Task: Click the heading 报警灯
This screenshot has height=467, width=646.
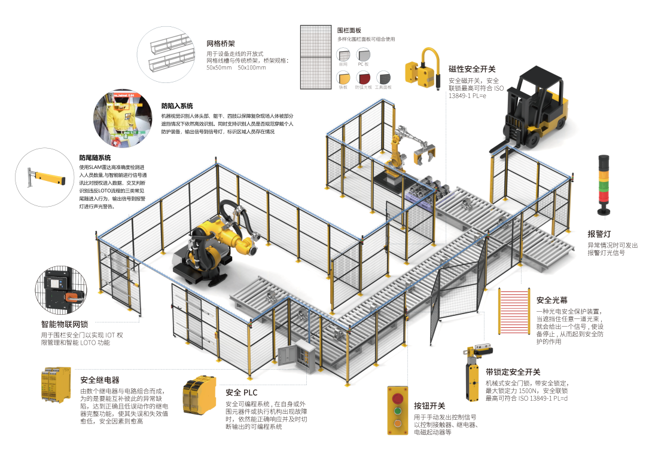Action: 599,234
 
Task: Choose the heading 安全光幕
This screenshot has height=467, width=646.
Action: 552,300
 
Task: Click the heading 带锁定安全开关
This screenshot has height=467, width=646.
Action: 513,372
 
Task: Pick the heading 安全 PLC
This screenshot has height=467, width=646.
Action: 241,392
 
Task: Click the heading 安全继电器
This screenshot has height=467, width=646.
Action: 99,380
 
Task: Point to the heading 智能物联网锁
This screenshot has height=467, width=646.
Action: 65,324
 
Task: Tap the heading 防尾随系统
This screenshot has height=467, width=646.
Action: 95,158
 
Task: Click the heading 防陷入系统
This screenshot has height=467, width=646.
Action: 177,106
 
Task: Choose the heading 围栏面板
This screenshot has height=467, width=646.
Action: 349,30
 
